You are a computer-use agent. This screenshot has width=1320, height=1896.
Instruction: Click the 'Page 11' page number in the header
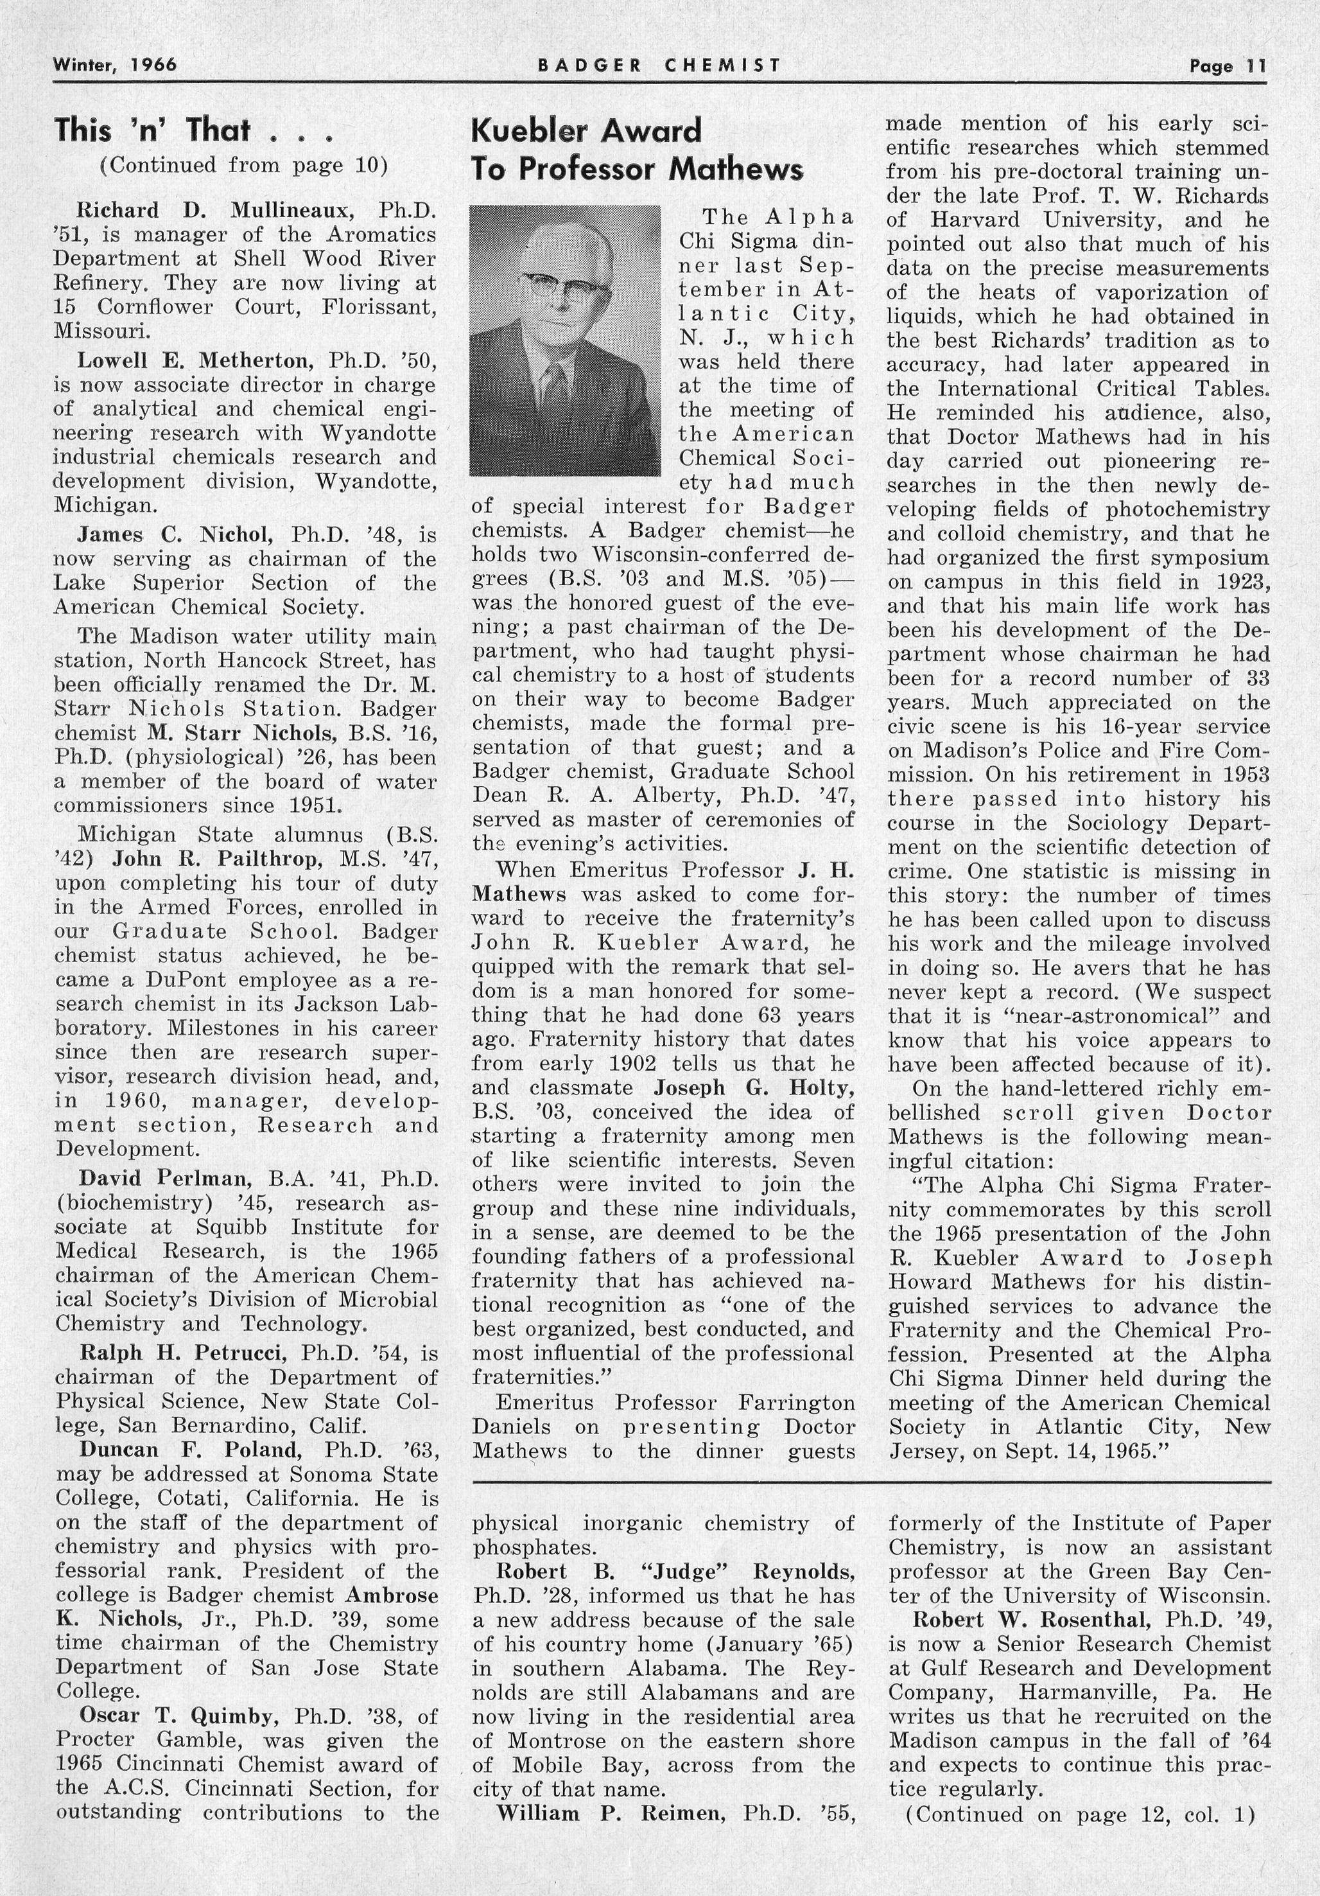point(1227,66)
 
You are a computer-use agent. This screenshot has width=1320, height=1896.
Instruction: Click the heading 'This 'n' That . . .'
point(193,130)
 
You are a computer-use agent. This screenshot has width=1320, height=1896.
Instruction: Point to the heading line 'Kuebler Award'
point(586,130)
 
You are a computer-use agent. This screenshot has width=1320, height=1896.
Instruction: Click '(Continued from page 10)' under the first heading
point(243,165)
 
